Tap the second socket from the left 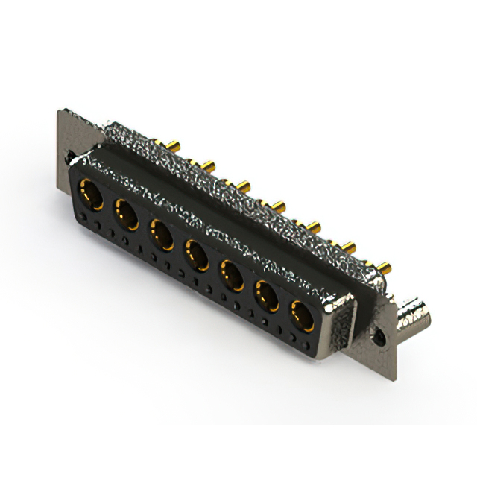pos(124,215)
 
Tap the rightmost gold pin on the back pos(385,265)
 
